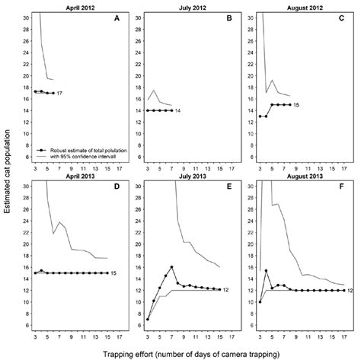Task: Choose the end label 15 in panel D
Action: pos(113,273)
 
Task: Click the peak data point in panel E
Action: pos(173,267)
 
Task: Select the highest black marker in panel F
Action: pos(267,271)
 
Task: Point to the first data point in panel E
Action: pos(148,320)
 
